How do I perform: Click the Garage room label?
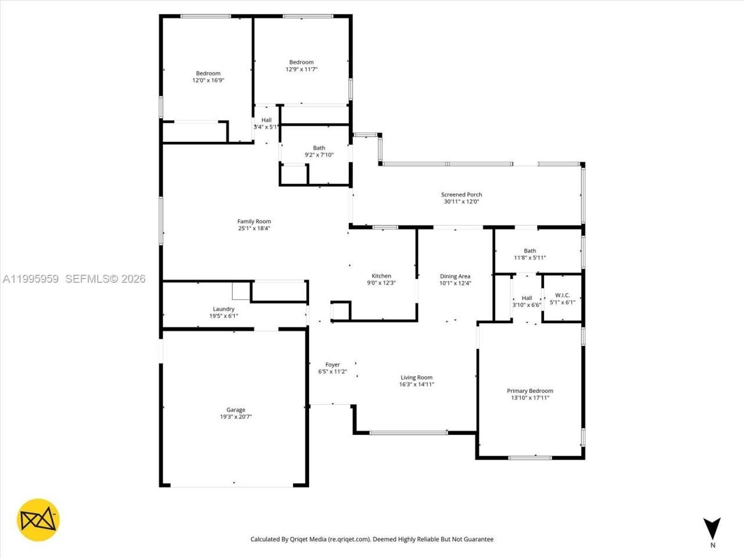(x=235, y=410)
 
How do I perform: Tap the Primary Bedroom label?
(x=530, y=391)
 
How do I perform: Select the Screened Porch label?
(x=461, y=195)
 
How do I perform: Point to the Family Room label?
(x=254, y=221)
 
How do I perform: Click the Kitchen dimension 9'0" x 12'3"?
(x=381, y=283)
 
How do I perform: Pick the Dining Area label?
(x=455, y=277)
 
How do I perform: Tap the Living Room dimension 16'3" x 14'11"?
(x=416, y=384)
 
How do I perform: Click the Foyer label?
(x=332, y=365)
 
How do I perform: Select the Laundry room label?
(x=224, y=309)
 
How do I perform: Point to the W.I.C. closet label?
(x=562, y=295)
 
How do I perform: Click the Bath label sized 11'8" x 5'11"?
(x=530, y=251)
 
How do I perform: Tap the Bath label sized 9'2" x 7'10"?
(x=319, y=148)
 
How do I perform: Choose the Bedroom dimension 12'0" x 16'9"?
(x=208, y=81)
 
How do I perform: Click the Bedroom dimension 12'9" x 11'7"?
(x=301, y=69)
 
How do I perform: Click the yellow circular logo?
(x=38, y=520)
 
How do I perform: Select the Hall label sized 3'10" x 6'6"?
(x=527, y=298)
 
